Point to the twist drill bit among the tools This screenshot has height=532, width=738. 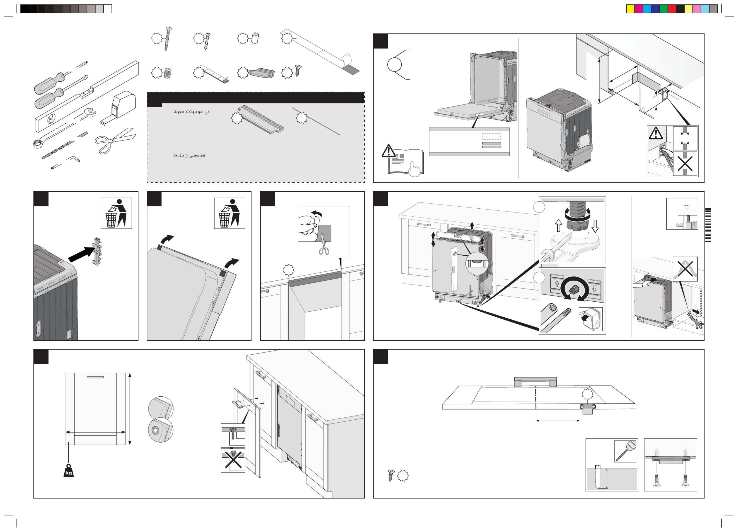[x=57, y=150]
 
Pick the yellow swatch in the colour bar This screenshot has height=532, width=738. [x=630, y=9]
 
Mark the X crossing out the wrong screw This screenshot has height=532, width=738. [x=233, y=460]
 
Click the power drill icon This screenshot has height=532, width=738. [x=625, y=451]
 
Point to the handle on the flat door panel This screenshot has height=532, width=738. [x=535, y=381]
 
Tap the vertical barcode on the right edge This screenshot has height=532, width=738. [x=708, y=225]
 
